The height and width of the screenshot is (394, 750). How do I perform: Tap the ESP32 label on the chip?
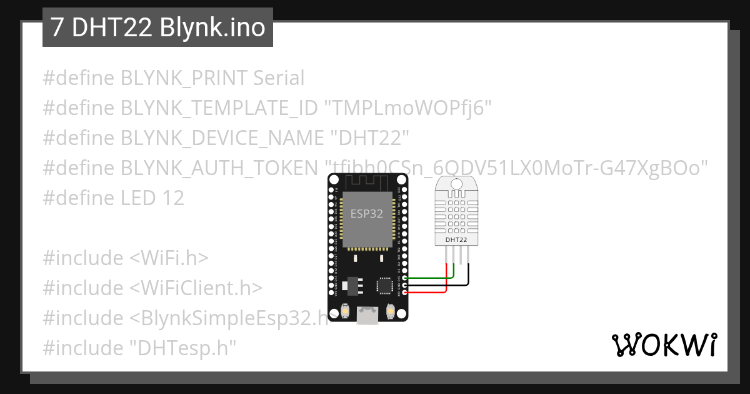pos(367,213)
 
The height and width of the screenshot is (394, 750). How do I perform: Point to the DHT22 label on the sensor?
pos(456,240)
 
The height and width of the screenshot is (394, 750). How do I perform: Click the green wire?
pos(431,277)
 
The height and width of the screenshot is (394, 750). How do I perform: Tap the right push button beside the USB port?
pos(390,310)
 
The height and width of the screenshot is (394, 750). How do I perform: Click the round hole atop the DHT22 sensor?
pos(455,184)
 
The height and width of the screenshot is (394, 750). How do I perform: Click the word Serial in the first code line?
pos(279,78)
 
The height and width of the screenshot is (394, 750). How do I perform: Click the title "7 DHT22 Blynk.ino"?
pos(157,28)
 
